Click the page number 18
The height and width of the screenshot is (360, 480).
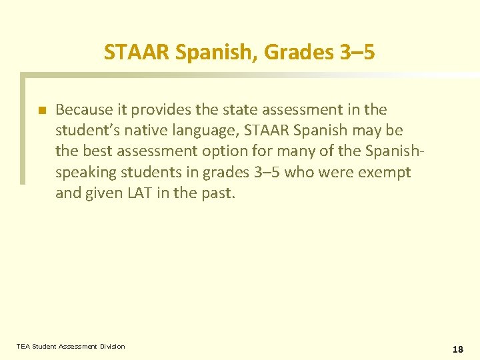pos(457,349)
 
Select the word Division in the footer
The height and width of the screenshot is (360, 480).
pos(112,346)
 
